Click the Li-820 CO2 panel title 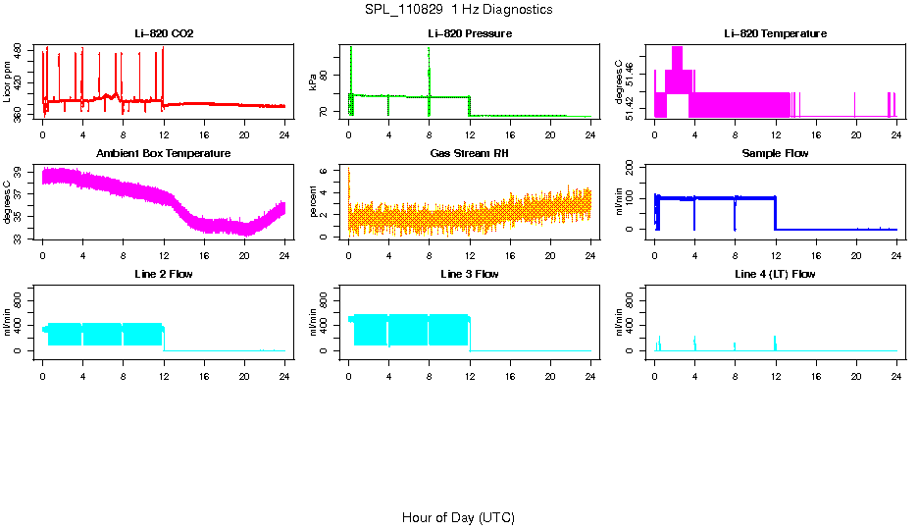[x=164, y=34]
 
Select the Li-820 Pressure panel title [x=470, y=34]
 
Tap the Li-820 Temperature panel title [x=775, y=34]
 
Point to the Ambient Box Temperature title [x=164, y=154]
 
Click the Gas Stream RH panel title [x=470, y=154]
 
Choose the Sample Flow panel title [x=775, y=154]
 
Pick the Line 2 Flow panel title [x=164, y=274]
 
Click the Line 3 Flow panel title [x=470, y=274]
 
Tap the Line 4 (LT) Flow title [x=775, y=274]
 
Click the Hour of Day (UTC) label [x=458, y=517]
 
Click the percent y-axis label [x=314, y=203]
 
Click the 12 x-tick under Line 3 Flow [x=470, y=373]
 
